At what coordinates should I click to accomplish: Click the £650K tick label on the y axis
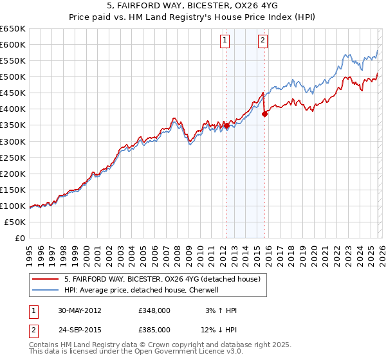click(x=13, y=29)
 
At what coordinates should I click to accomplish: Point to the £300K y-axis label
click(x=13, y=141)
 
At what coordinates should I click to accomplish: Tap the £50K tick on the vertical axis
click(x=15, y=222)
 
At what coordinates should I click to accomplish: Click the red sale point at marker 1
click(x=226, y=126)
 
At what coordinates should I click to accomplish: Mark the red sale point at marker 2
click(x=264, y=114)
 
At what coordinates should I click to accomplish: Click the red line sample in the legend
click(x=46, y=279)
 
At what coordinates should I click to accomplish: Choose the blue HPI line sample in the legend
click(x=46, y=290)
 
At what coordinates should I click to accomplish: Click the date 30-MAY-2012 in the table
click(x=79, y=310)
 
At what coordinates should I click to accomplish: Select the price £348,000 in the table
click(x=154, y=310)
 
